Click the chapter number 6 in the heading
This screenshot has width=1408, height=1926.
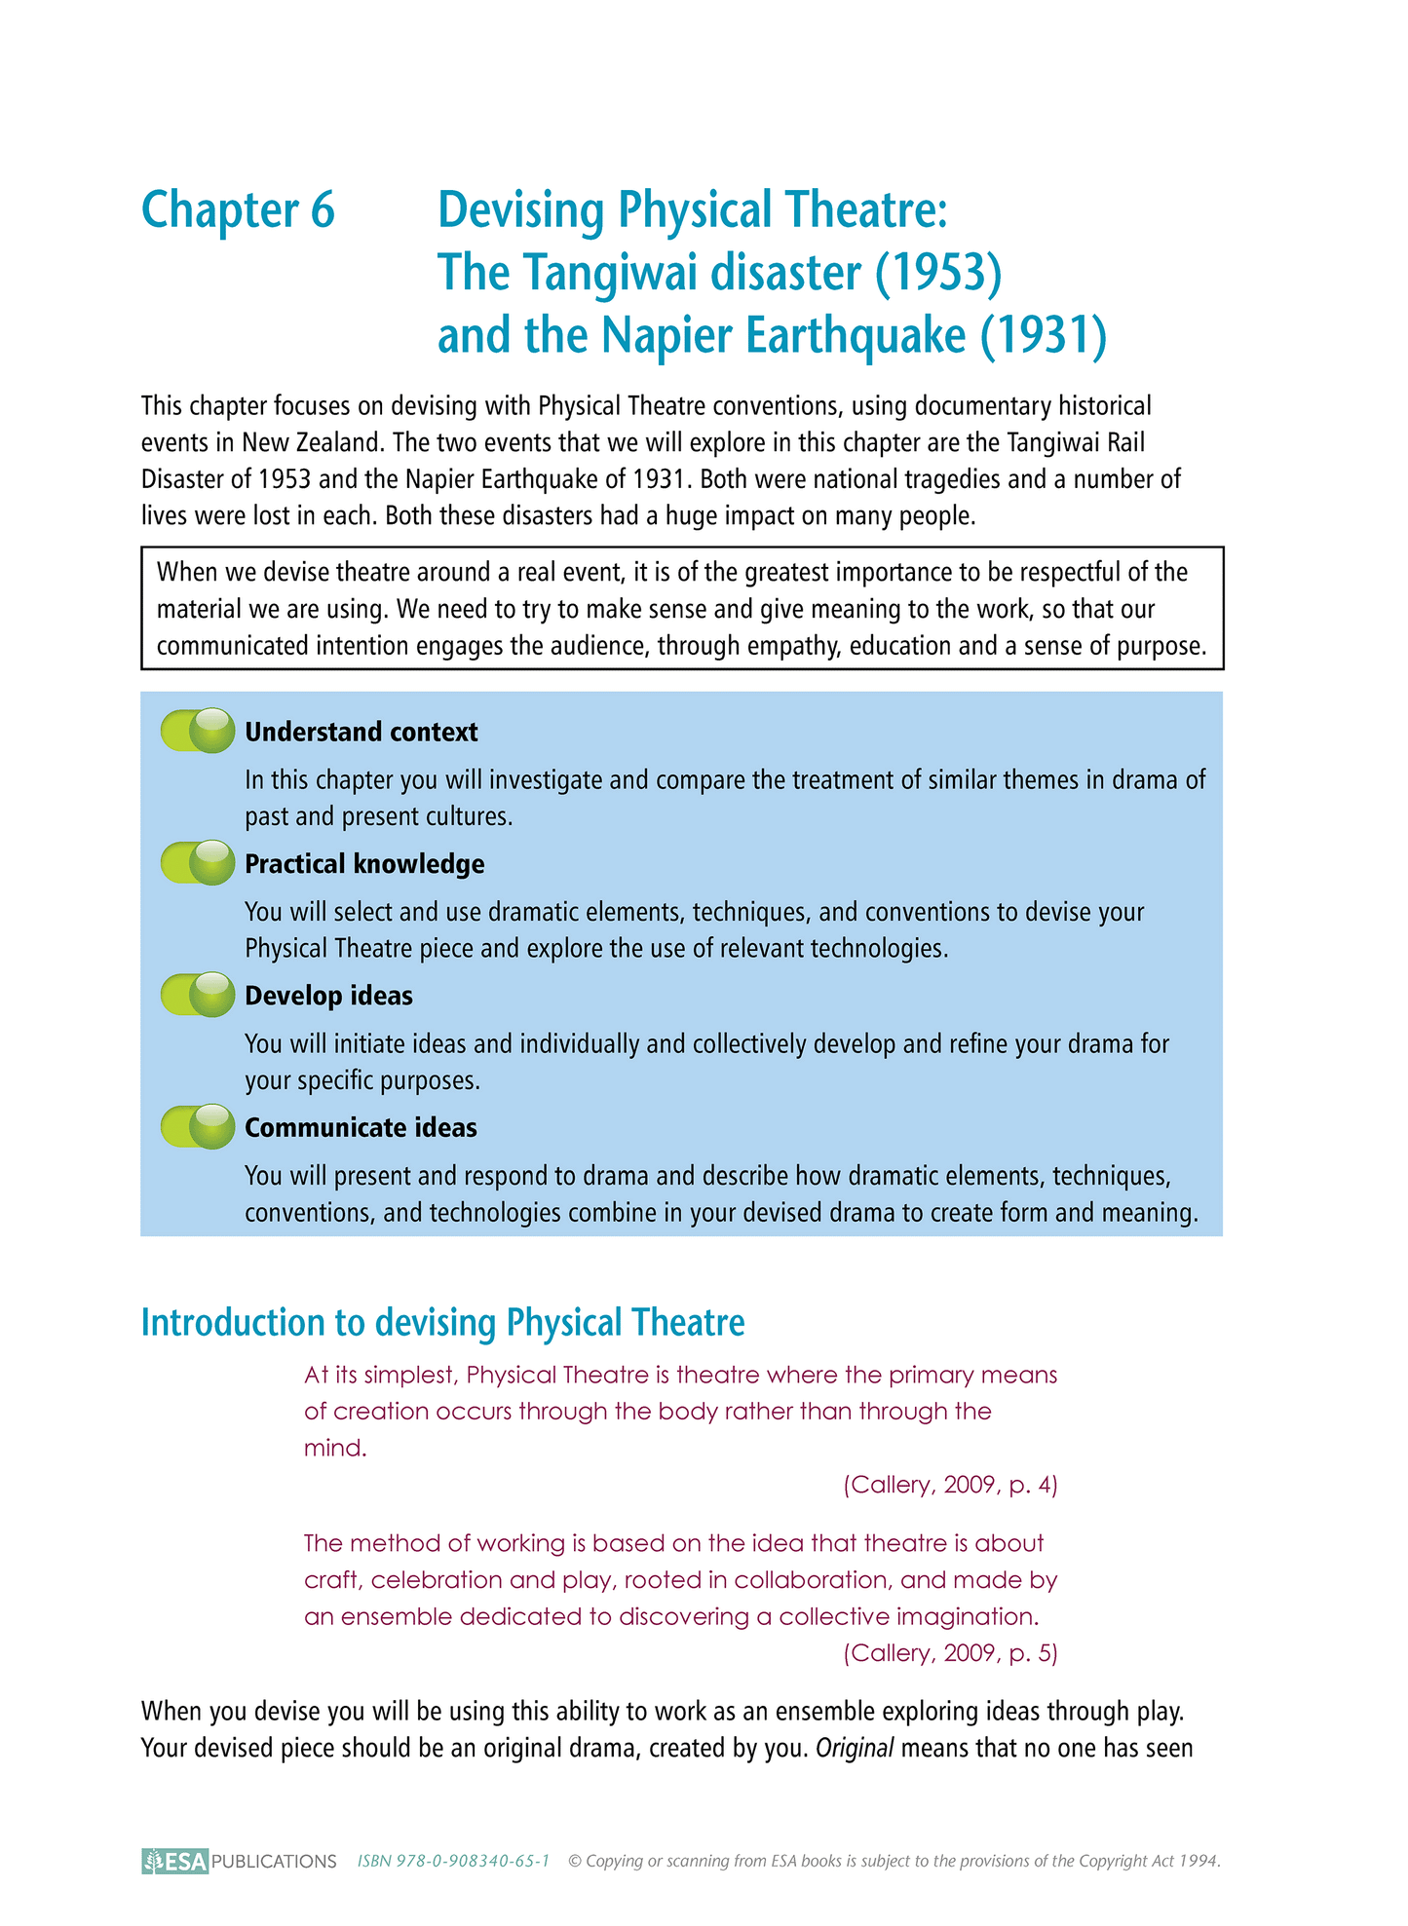[323, 210]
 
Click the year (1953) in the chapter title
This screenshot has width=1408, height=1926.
[938, 273]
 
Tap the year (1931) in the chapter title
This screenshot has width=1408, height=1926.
[1044, 335]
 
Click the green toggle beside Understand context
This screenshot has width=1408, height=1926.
[198, 731]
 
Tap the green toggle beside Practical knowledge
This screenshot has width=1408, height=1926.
[198, 863]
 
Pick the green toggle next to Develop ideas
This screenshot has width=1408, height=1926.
[198, 995]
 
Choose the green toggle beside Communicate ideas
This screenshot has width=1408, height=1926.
[198, 1126]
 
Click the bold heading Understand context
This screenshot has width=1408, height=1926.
[362, 733]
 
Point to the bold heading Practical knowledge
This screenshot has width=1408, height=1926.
[364, 864]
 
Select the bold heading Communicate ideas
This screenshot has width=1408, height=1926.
[361, 1128]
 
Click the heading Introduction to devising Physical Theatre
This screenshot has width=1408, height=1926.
[442, 1323]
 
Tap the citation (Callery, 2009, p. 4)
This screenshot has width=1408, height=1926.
[950, 1485]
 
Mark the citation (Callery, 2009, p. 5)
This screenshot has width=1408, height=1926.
[950, 1653]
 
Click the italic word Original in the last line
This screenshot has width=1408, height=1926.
[855, 1748]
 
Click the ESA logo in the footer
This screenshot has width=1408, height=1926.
[175, 1861]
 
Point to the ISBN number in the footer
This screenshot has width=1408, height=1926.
[453, 1861]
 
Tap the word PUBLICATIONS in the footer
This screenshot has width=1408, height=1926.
[274, 1862]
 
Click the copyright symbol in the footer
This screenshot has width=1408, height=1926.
[574, 1861]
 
